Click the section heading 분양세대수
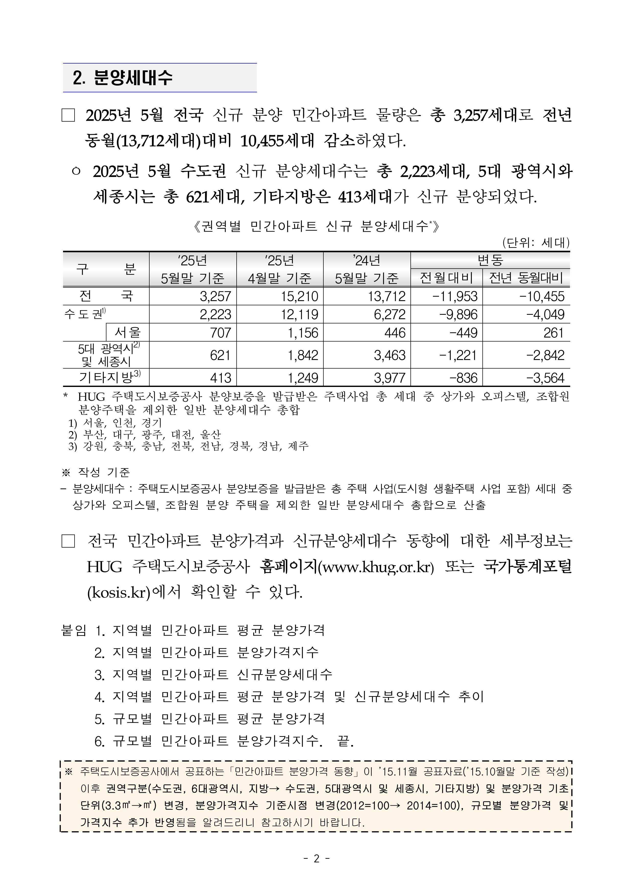(132, 78)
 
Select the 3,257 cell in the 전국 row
(215, 296)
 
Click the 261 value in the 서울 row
(553, 333)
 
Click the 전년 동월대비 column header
(526, 278)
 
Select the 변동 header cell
(490, 260)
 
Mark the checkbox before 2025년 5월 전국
(68, 116)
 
